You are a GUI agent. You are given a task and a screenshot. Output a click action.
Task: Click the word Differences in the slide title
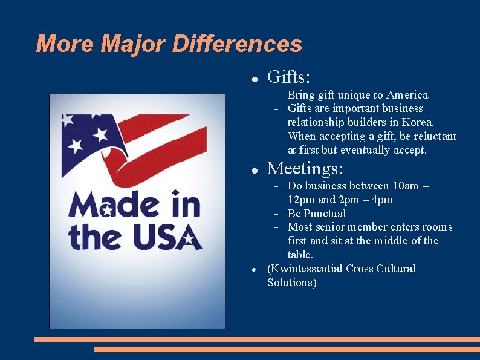click(x=237, y=44)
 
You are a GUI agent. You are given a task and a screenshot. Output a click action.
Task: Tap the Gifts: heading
click(x=289, y=77)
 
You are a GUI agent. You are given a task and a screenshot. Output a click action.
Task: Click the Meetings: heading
click(x=305, y=168)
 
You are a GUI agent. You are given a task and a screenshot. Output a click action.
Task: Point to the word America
click(x=407, y=95)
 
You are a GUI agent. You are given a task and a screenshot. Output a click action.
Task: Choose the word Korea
click(x=418, y=122)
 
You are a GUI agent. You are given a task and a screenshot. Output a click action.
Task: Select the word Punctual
click(x=325, y=214)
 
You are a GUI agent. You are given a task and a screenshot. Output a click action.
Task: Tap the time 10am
click(x=405, y=186)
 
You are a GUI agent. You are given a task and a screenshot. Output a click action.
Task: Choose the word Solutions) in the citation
click(x=291, y=283)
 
